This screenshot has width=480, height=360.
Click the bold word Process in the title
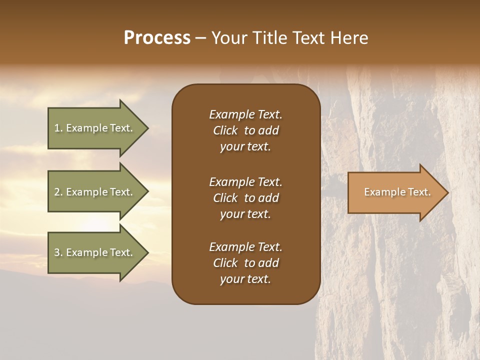click(x=157, y=38)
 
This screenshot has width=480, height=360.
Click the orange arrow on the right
click(x=395, y=192)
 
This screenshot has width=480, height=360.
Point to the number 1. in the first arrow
click(x=58, y=128)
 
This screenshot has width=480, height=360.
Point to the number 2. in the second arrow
click(x=58, y=192)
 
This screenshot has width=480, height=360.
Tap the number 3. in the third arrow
click(x=58, y=252)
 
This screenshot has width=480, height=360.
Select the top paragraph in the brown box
click(x=245, y=130)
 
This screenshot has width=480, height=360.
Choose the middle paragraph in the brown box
click(x=245, y=198)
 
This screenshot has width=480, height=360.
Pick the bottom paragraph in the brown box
click(x=245, y=263)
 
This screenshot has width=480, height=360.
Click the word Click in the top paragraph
click(x=225, y=130)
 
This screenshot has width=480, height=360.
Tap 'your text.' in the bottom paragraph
click(x=245, y=279)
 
